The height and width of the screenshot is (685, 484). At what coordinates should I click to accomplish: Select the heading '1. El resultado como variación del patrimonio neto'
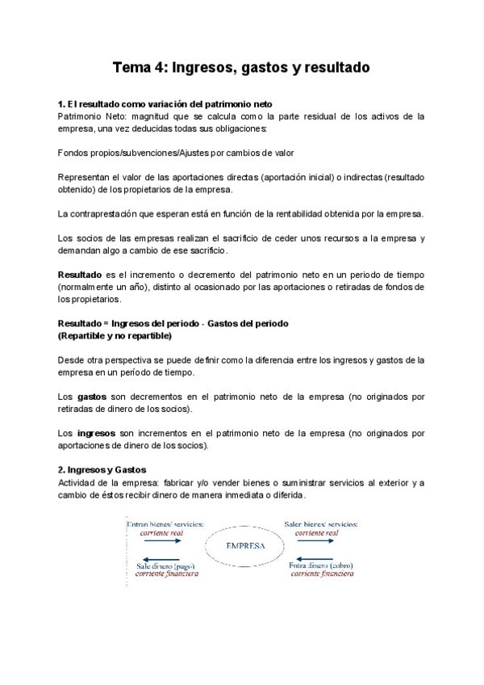pos(165,104)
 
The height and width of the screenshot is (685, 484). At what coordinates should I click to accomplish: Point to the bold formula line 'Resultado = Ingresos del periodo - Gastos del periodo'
pos(173,323)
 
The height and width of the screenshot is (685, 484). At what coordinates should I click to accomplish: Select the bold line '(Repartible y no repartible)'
pos(115,335)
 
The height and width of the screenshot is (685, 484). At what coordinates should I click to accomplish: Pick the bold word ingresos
pos(97,433)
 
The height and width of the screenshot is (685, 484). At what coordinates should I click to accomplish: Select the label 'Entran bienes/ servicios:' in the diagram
pos(165,523)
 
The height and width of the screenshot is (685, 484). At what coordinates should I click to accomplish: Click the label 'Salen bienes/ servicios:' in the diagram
pos(321,523)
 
